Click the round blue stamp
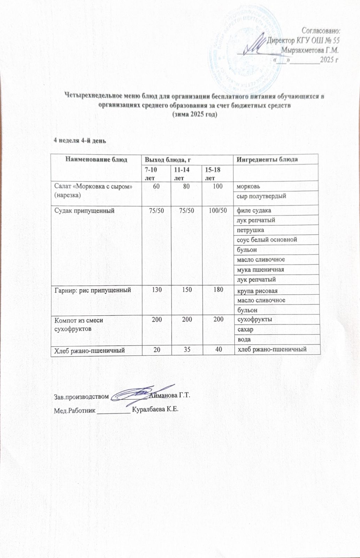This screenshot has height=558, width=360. pos(244,45)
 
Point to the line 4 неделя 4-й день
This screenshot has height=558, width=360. pos(79,141)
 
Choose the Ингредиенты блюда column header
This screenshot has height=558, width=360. pos(267,159)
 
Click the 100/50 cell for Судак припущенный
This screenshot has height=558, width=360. pos(218,210)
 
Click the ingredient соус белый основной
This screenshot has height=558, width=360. pos(267,240)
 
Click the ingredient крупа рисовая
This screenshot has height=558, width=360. pos(257,291)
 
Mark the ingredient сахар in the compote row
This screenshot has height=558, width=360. pos(245,329)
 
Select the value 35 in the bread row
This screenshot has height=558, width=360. pos(187,349)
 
